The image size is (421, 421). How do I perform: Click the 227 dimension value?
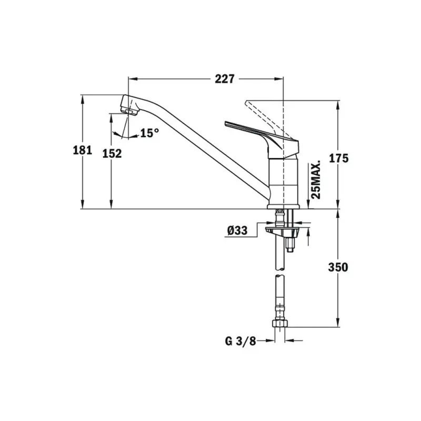coord(225,79)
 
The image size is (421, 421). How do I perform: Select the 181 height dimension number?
coord(83,150)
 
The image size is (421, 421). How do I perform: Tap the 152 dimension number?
coord(112,154)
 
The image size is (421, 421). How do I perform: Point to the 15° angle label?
coord(149,133)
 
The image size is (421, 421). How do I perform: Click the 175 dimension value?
coord(338,158)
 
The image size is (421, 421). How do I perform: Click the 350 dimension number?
coord(338,267)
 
